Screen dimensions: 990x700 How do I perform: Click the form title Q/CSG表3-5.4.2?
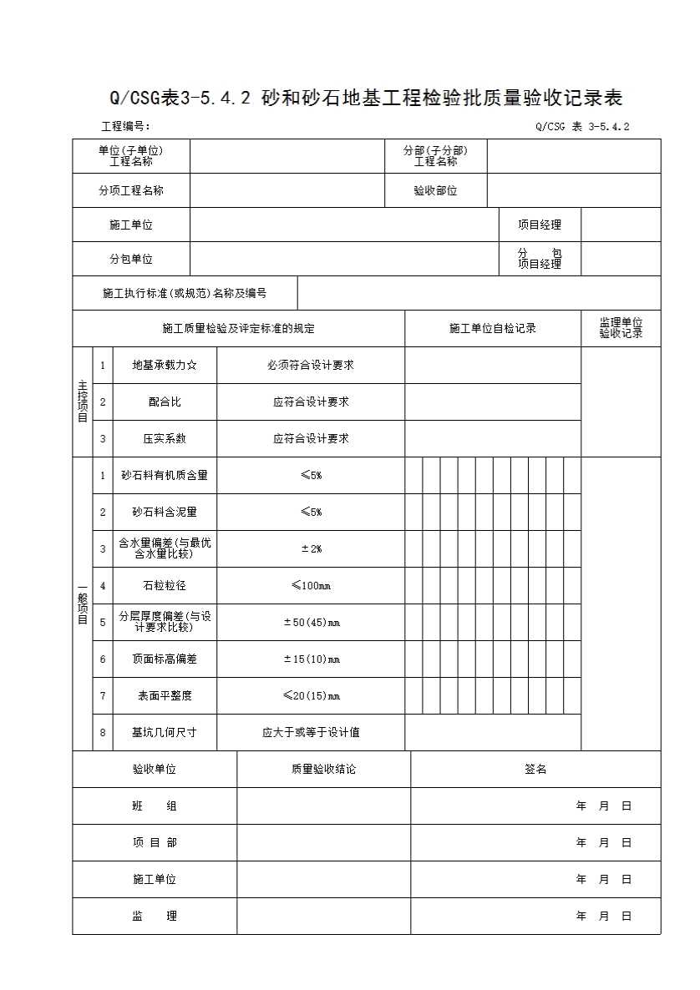click(x=366, y=98)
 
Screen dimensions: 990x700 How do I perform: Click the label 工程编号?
click(x=125, y=127)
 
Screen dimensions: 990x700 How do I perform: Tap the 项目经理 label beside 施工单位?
click(x=539, y=225)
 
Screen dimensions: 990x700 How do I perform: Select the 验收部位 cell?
click(x=435, y=190)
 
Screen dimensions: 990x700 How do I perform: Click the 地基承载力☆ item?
click(x=165, y=365)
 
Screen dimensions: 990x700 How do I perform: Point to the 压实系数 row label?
click(x=165, y=438)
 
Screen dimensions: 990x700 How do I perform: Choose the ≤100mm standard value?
click(x=311, y=585)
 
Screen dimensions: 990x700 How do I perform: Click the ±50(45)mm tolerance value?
click(x=311, y=622)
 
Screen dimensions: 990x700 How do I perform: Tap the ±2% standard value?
click(x=311, y=548)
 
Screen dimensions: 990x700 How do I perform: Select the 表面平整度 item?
click(x=165, y=695)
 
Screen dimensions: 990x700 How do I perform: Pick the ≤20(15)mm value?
click(x=311, y=695)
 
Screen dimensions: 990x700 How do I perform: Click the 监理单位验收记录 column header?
click(x=621, y=328)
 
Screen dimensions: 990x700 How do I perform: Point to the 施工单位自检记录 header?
click(x=493, y=328)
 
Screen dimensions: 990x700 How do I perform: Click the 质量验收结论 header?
click(x=323, y=769)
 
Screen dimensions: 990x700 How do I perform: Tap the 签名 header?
click(x=535, y=769)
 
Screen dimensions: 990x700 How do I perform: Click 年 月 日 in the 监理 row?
click(x=603, y=916)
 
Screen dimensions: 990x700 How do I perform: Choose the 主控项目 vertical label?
click(x=82, y=402)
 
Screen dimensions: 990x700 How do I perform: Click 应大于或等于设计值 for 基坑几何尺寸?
click(x=311, y=732)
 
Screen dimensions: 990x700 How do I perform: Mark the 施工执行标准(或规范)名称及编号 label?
click(x=185, y=293)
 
